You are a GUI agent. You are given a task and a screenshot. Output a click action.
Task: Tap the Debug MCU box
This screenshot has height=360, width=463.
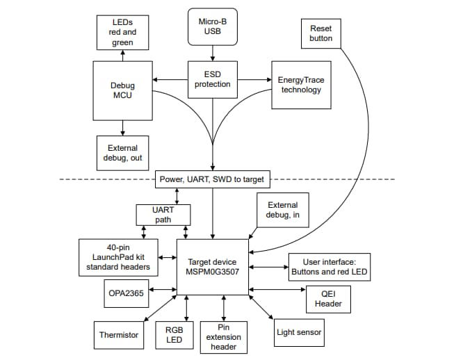click(122, 90)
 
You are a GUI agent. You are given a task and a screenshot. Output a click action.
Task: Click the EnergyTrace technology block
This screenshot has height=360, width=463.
click(300, 84)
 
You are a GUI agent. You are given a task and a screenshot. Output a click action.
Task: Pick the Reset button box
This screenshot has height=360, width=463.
click(320, 33)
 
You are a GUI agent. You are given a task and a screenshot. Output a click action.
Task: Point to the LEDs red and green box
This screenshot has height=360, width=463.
click(122, 33)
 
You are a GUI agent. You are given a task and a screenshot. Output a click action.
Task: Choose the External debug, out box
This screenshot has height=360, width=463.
click(122, 152)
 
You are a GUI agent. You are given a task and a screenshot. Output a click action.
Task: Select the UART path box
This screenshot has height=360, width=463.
click(161, 215)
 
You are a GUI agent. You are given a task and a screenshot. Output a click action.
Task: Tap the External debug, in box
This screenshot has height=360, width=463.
click(282, 210)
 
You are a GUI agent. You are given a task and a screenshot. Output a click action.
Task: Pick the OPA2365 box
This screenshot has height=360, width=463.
click(125, 293)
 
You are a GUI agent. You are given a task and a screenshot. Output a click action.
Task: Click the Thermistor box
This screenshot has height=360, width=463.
click(118, 334)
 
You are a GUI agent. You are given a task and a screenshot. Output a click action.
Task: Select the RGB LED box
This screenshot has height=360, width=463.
click(174, 336)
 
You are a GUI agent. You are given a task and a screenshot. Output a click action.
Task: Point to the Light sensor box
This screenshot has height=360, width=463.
click(299, 332)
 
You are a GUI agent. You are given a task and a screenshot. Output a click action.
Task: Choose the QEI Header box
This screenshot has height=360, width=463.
click(328, 298)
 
